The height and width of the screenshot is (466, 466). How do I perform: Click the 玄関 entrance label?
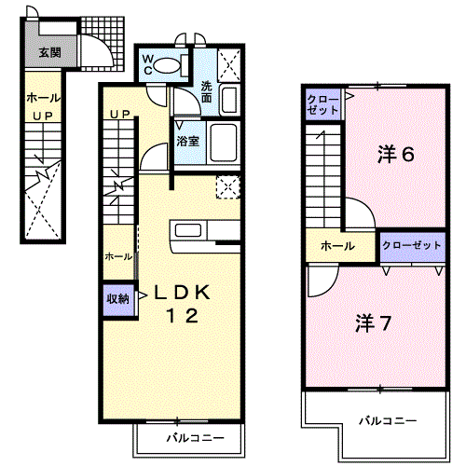click(49, 52)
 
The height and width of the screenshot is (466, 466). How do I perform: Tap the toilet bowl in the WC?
click(167, 65)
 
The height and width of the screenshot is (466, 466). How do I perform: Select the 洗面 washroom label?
click(206, 92)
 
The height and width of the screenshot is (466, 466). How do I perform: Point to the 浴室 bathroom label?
click(187, 142)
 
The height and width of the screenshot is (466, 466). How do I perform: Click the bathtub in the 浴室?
click(224, 143)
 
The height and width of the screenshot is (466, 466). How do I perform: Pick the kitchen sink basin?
click(188, 230)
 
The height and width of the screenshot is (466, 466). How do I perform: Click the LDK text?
click(183, 293)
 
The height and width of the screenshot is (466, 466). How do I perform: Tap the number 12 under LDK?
click(183, 316)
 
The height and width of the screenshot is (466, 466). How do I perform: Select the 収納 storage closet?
click(118, 299)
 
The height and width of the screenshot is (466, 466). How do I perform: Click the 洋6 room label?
click(396, 155)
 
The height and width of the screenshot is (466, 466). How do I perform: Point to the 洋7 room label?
click(373, 323)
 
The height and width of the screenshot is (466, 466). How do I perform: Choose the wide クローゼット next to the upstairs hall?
click(413, 246)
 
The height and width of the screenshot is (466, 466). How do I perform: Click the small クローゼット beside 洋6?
click(323, 104)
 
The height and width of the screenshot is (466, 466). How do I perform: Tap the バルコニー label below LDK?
click(196, 438)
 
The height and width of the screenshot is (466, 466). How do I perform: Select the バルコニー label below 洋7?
click(388, 421)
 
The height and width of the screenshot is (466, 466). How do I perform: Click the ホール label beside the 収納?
click(118, 256)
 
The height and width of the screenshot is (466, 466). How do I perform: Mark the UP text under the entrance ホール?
click(43, 116)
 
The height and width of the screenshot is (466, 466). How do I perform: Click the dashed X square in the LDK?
click(228, 186)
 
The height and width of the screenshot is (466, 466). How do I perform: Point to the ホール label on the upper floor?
click(337, 246)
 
